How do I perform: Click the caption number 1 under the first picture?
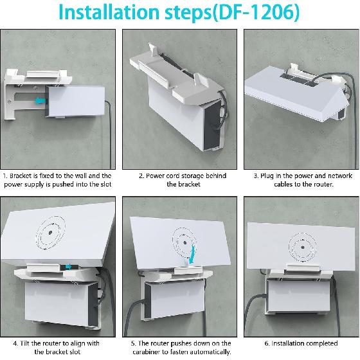(5, 175)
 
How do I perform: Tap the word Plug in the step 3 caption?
(269, 175)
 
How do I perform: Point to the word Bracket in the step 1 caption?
(22, 175)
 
